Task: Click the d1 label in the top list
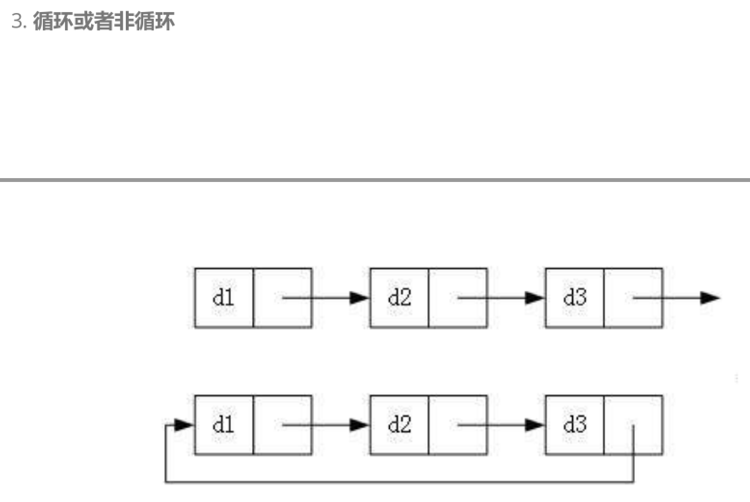pos(223,297)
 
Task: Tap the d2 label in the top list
pos(399,297)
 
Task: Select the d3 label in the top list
pos(575,297)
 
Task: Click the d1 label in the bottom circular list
pos(223,425)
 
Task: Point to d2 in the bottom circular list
pos(399,425)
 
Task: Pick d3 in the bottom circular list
pos(575,425)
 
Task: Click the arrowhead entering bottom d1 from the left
pos(183,425)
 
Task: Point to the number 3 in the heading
pos(17,21)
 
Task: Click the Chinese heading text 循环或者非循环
pos(104,21)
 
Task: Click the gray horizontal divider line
pos(375,180)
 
